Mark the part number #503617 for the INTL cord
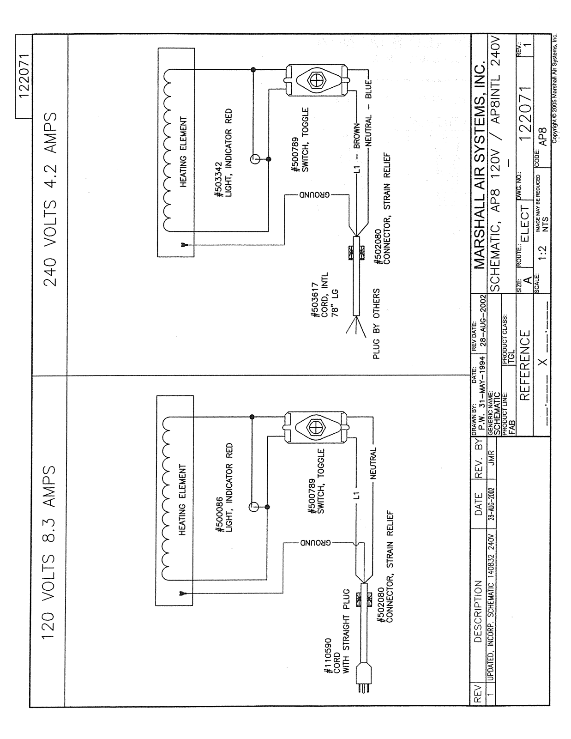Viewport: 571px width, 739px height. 315,301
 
